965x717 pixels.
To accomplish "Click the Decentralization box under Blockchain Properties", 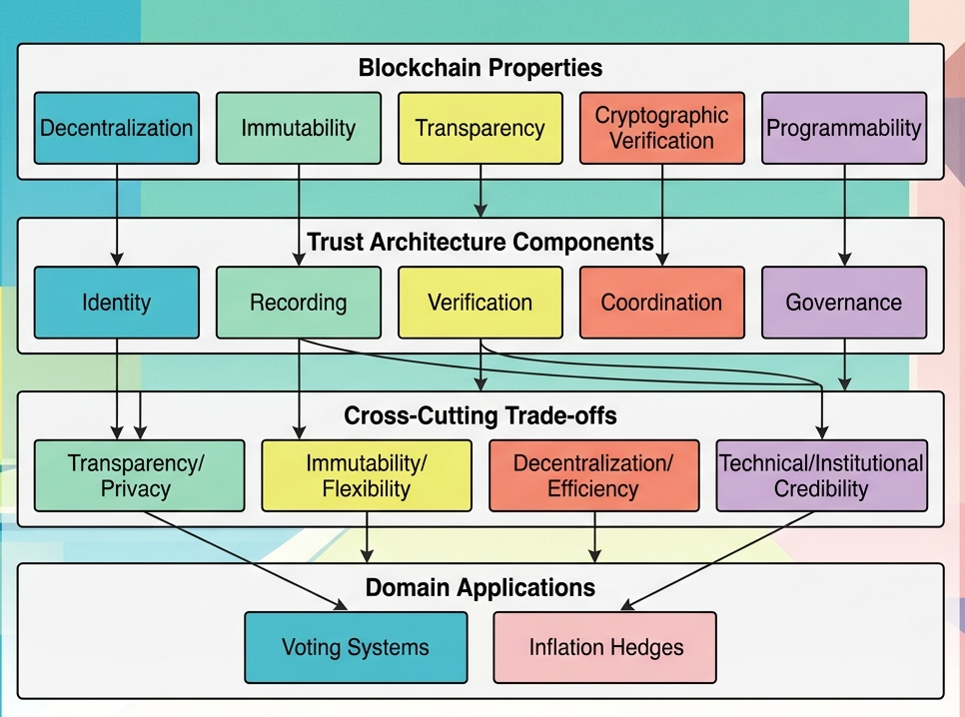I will pyautogui.click(x=117, y=128).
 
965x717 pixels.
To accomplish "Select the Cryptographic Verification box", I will pyautogui.click(x=661, y=128).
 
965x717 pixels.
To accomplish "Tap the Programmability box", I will pyautogui.click(x=844, y=128).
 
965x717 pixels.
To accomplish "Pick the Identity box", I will pyautogui.click(x=117, y=302).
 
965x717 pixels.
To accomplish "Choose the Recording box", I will pyautogui.click(x=299, y=302).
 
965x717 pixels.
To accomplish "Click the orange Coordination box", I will pyautogui.click(x=661, y=302).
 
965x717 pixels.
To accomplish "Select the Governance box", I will pyautogui.click(x=844, y=302).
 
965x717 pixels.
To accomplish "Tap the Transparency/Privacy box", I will pyautogui.click(x=139, y=475).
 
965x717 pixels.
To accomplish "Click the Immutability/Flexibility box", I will pyautogui.click(x=367, y=475).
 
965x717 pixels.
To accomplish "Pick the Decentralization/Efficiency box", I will pyautogui.click(x=593, y=475).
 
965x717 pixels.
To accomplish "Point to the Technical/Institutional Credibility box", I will pyautogui.click(x=822, y=475).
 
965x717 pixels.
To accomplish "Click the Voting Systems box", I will pyautogui.click(x=356, y=647).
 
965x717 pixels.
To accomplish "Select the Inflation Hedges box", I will pyautogui.click(x=605, y=647).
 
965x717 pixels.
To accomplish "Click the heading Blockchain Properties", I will pyautogui.click(x=481, y=68).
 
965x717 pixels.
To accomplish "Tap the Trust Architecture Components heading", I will pyautogui.click(x=481, y=242).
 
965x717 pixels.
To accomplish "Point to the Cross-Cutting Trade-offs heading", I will pyautogui.click(x=481, y=415).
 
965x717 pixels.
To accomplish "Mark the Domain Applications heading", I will pyautogui.click(x=481, y=587).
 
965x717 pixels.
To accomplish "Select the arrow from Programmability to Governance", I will pyautogui.click(x=845, y=215).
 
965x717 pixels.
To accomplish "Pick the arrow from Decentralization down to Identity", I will pyautogui.click(x=117, y=215).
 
